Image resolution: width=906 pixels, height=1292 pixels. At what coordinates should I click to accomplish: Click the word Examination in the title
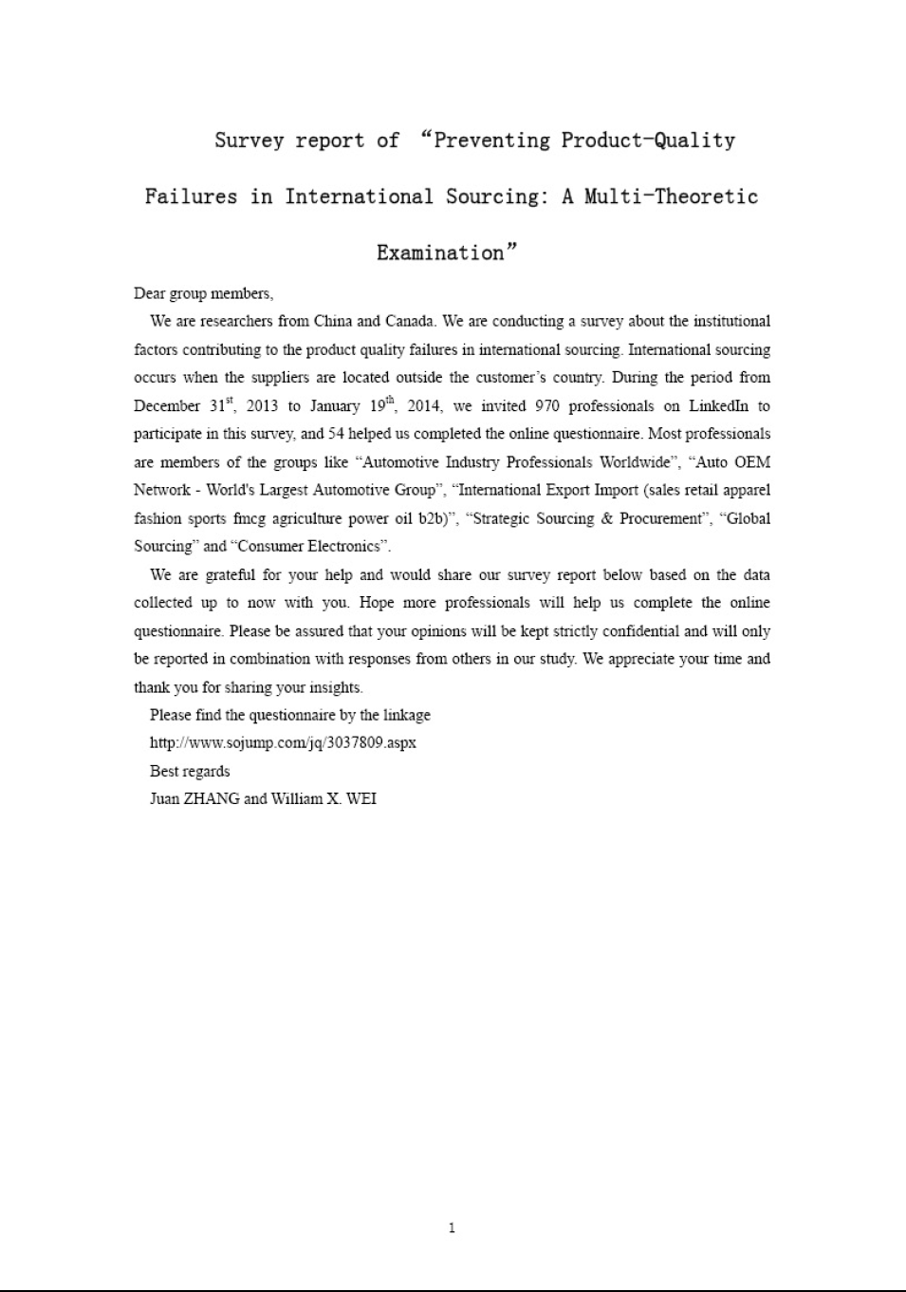pos(440,253)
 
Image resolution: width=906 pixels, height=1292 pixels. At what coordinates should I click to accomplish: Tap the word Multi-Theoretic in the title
pos(671,197)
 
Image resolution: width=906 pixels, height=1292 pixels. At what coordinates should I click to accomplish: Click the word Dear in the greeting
pos(149,293)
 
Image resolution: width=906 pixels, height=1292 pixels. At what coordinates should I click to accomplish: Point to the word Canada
pos(410,321)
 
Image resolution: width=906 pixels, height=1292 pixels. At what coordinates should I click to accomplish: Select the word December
pos(167,406)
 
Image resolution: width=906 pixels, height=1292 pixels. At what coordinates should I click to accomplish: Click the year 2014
pos(424,406)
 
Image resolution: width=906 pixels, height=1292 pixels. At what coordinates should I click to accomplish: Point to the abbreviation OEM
pos(752,462)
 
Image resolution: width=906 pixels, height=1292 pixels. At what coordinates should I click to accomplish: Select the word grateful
pos(231,575)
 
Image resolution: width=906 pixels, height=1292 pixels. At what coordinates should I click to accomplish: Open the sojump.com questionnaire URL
pos(283,742)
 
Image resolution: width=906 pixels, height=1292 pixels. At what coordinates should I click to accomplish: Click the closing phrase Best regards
pos(190,771)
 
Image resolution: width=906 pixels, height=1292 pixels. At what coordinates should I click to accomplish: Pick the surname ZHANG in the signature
pos(212,799)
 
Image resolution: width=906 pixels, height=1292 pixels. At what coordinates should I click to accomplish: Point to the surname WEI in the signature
pos(361,799)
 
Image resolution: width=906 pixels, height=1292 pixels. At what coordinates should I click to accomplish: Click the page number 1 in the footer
pos(452,1228)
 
